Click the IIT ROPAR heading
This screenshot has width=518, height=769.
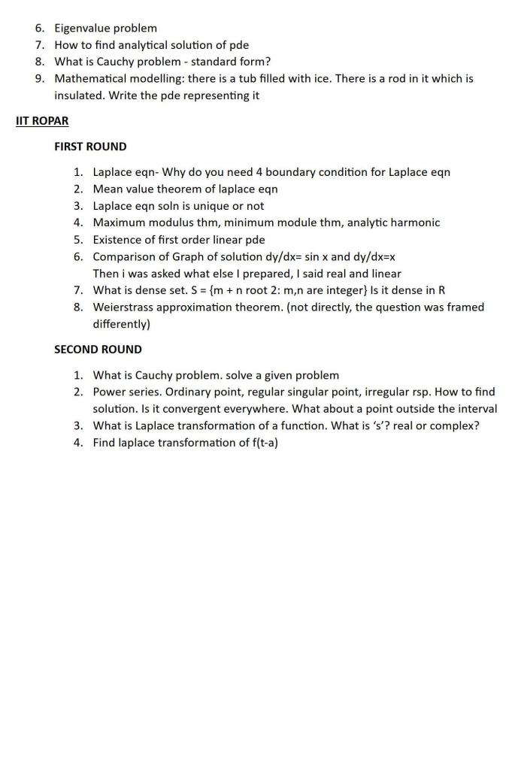click(42, 121)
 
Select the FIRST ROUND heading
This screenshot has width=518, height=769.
click(90, 147)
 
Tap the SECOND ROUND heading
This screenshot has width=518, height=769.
click(98, 350)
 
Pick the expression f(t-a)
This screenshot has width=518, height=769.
click(262, 443)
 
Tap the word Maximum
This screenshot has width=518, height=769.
click(120, 223)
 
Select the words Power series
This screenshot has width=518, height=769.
click(123, 392)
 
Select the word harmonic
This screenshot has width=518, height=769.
click(416, 223)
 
